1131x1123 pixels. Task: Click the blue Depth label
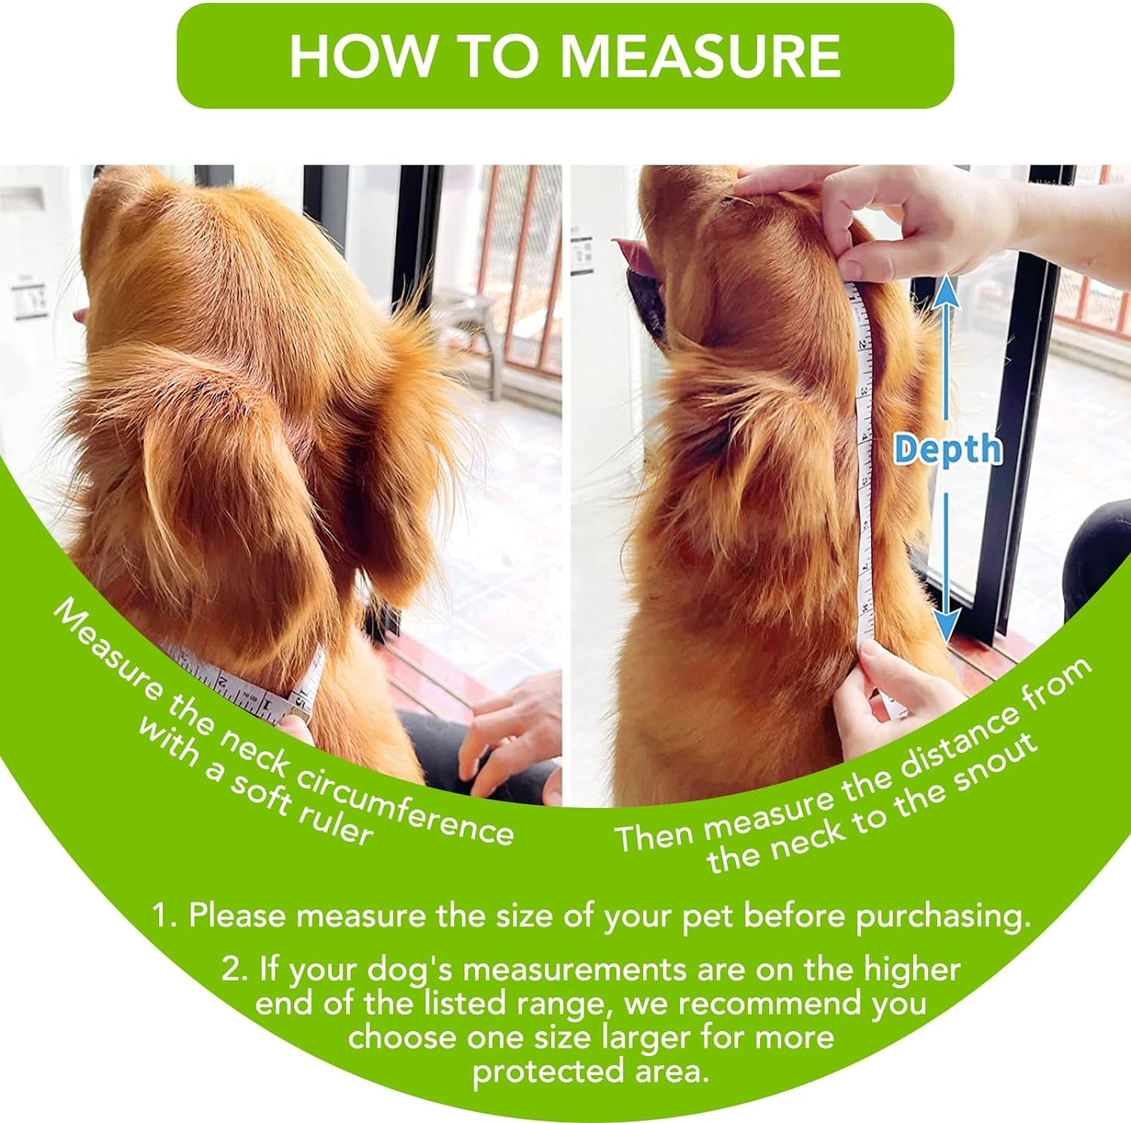[x=948, y=450]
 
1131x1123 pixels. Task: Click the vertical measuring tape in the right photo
[x=864, y=452]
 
